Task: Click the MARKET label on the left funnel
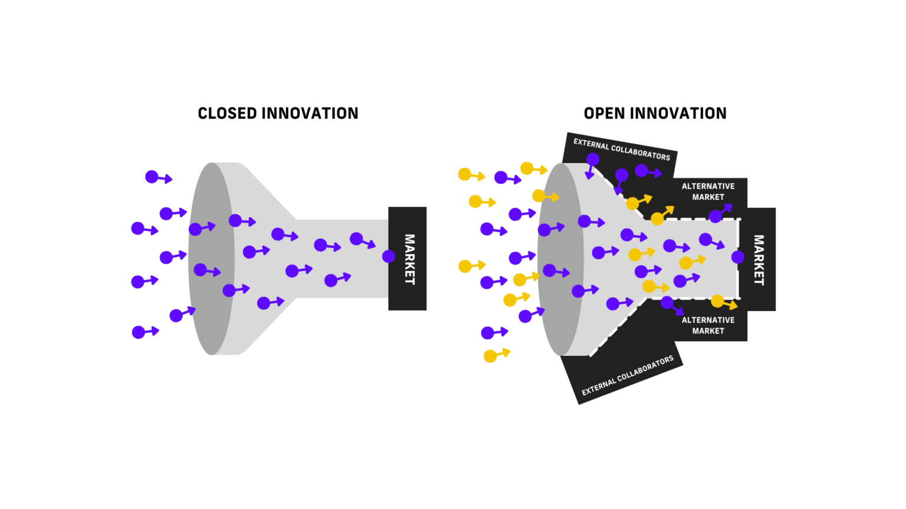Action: (x=409, y=259)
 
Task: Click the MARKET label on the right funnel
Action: (x=759, y=260)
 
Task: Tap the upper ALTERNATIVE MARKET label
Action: (x=708, y=191)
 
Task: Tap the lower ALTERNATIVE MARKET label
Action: (x=708, y=325)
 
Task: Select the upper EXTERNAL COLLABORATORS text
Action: (x=622, y=150)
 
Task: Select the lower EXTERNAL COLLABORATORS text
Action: (x=627, y=376)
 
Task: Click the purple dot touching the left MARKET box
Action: (x=389, y=256)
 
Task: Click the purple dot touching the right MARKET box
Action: (x=737, y=257)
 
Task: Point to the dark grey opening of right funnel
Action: (x=559, y=259)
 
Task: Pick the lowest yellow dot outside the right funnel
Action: (x=490, y=356)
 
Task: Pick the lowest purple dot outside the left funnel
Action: (x=138, y=332)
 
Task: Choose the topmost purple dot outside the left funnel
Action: (x=152, y=177)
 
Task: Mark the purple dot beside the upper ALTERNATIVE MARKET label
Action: (x=715, y=216)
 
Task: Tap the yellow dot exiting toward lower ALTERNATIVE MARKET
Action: (x=717, y=301)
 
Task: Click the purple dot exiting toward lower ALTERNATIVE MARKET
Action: (x=667, y=302)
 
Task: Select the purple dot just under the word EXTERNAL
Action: (x=593, y=160)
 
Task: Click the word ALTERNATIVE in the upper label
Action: (x=708, y=186)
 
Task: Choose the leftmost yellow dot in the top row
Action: (x=465, y=174)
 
